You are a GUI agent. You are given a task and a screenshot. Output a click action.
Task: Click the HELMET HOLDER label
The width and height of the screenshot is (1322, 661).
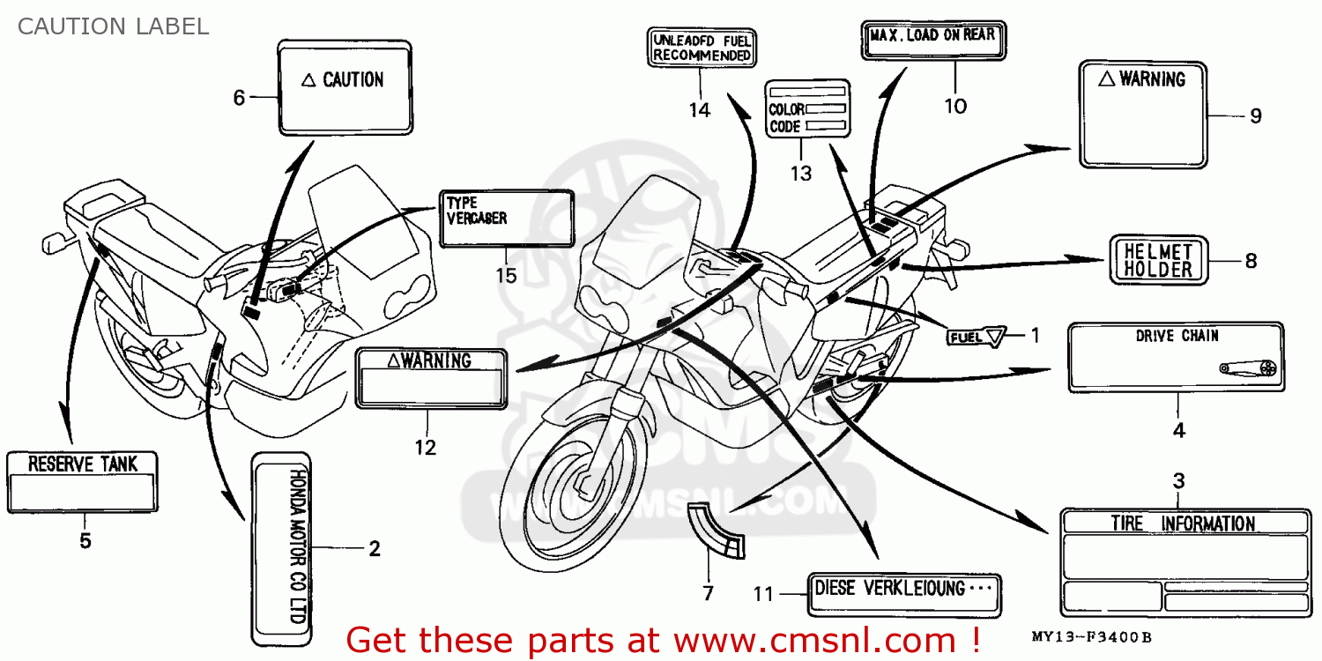click(x=1157, y=260)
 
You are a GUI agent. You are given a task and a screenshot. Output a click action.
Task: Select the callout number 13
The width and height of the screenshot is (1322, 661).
click(x=800, y=174)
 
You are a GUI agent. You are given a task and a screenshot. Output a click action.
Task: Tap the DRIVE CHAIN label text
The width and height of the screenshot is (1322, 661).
click(x=1177, y=336)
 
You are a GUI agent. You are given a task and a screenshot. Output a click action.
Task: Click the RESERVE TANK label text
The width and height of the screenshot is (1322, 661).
click(x=83, y=464)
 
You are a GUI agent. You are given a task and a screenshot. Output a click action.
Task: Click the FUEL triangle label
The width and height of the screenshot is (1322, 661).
click(x=977, y=336)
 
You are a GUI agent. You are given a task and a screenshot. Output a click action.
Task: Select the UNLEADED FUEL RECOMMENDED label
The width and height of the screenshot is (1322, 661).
click(x=702, y=48)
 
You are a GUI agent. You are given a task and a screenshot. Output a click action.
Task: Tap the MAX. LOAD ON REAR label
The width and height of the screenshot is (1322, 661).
click(x=932, y=35)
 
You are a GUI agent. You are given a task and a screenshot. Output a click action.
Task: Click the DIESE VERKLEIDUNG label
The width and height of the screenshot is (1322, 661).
click(x=902, y=588)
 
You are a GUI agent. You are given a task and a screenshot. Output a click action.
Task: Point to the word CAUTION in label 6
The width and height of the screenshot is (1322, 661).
click(x=353, y=80)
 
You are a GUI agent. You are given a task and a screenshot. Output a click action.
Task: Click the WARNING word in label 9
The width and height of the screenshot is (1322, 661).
click(x=1152, y=79)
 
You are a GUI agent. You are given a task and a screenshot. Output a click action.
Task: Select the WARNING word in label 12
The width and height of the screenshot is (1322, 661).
click(x=440, y=360)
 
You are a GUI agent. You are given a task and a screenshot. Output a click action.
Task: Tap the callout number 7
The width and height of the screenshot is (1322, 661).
click(x=708, y=592)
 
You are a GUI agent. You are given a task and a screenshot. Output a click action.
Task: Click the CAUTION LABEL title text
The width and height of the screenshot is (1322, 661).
click(x=113, y=26)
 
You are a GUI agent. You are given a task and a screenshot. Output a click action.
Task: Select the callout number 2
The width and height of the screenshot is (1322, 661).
click(x=374, y=549)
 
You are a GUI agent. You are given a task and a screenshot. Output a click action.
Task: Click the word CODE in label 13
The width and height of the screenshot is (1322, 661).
click(x=784, y=127)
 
